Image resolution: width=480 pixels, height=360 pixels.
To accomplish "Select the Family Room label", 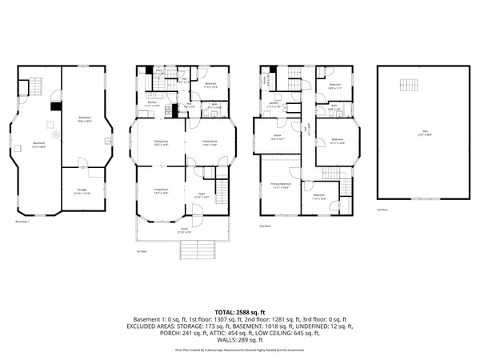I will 209,143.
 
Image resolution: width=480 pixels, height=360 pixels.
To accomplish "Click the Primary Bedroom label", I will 279,185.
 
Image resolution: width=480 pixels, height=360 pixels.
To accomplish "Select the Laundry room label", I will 274,104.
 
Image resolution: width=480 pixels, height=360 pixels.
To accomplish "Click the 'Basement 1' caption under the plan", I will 23,222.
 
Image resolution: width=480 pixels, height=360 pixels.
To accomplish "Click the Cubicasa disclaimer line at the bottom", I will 239,350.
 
